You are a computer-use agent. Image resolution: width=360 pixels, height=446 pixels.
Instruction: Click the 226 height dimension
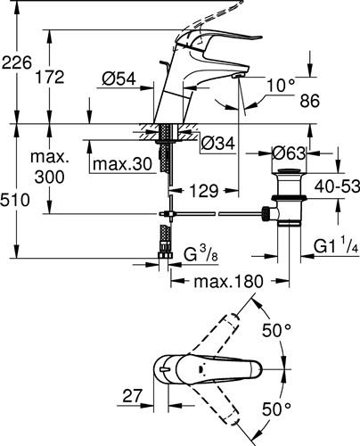[x=16, y=62]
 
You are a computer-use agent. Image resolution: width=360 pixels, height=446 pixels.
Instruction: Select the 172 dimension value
[x=50, y=77]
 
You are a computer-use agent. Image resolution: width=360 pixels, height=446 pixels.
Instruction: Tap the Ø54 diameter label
[x=119, y=79]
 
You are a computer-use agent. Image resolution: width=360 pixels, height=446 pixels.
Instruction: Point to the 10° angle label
[x=281, y=86]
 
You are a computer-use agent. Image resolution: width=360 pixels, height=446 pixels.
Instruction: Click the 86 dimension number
[x=309, y=101]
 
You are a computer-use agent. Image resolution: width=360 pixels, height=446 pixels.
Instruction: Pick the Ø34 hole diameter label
[x=217, y=144]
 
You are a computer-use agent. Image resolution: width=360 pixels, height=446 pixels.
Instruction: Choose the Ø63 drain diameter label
[x=289, y=153]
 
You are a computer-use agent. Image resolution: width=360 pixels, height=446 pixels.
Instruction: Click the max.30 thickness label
[x=122, y=164]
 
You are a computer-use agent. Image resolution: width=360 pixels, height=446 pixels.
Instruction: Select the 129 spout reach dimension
[x=204, y=191]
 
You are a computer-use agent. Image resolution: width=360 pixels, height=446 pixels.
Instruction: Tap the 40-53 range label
[x=337, y=186]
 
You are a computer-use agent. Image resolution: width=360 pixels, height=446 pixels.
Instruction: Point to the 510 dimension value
[x=15, y=200]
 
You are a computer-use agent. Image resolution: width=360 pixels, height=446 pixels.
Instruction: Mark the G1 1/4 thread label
[x=336, y=246]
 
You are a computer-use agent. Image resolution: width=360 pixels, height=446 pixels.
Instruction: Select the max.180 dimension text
[x=228, y=281]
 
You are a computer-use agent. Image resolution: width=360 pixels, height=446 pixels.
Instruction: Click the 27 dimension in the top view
[x=133, y=396]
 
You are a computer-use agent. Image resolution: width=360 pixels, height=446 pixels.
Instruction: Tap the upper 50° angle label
[x=276, y=331]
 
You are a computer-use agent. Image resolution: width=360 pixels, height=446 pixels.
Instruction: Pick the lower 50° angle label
[x=276, y=409]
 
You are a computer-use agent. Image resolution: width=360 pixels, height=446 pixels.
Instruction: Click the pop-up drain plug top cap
[x=289, y=171]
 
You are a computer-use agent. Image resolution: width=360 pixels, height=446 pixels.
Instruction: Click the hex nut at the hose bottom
[x=165, y=255]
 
